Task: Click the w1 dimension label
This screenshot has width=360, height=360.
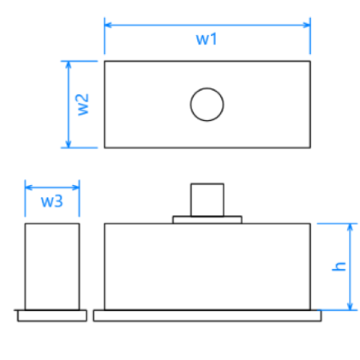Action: pyautogui.click(x=207, y=39)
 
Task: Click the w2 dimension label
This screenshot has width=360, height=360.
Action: pyautogui.click(x=83, y=105)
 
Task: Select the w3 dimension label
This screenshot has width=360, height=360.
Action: pyautogui.click(x=51, y=201)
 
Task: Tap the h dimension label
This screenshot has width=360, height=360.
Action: pyautogui.click(x=339, y=267)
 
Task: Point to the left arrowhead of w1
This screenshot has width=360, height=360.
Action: pyautogui.click(x=108, y=25)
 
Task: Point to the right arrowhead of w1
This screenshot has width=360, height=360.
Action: pyautogui.click(x=307, y=25)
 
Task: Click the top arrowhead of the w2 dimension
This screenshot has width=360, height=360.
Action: pyautogui.click(x=69, y=64)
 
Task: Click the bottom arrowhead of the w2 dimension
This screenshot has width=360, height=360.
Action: pyautogui.click(x=69, y=144)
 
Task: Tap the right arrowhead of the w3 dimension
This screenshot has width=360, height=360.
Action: pyautogui.click(x=75, y=188)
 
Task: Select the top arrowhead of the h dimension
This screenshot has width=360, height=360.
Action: pyautogui.click(x=350, y=227)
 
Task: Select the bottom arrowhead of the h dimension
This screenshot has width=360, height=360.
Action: pyautogui.click(x=350, y=306)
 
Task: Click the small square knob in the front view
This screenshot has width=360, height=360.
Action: pyautogui.click(x=207, y=200)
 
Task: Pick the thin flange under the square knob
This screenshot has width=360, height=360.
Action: pyautogui.click(x=207, y=219)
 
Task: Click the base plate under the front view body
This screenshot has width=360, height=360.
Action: pyautogui.click(x=207, y=315)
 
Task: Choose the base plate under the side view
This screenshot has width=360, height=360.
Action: pyautogui.click(x=52, y=315)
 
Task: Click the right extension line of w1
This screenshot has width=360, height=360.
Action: pyautogui.click(x=310, y=36)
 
